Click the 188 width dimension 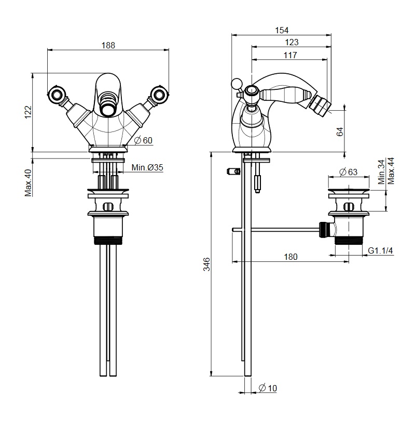tap(108, 45)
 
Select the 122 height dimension tap(29, 112)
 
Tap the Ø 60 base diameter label tap(143, 140)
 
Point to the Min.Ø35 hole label tap(147, 167)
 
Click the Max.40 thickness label tap(29, 182)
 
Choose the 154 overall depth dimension tap(282, 30)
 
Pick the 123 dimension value tap(292, 43)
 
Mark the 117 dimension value tap(290, 55)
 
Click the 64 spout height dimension tap(340, 131)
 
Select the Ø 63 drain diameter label tap(349, 172)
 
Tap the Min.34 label tap(382, 172)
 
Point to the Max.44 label tap(391, 171)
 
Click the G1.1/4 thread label tap(380, 250)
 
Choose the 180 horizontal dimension tap(291, 257)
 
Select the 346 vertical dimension tap(206, 264)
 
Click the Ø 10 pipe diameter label tap(268, 388)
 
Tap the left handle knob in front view tap(57, 94)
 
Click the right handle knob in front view tap(159, 94)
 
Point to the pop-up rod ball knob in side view tap(237, 84)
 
